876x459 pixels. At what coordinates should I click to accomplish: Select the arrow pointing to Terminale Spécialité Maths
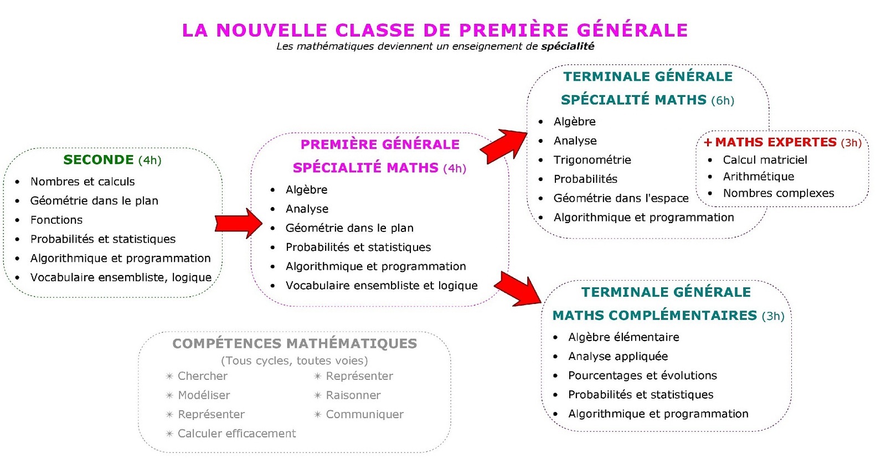coord(503,146)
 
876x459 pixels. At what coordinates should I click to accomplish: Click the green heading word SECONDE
coord(99,160)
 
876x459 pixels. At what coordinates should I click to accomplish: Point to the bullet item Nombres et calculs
coord(83,182)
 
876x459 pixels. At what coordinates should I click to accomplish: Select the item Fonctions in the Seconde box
coord(56,220)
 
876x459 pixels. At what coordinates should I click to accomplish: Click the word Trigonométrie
coord(592,160)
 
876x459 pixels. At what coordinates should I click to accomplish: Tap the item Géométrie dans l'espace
coord(621,198)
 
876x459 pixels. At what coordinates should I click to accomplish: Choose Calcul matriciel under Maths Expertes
coord(765,160)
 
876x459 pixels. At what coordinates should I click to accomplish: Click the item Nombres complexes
coord(778,193)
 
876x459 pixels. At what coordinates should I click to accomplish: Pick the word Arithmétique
coord(758,177)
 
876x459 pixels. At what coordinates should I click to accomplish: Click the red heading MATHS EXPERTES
coord(775,142)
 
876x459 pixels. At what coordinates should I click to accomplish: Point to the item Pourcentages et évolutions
coord(642,375)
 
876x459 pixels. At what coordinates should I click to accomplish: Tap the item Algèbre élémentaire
coord(623,337)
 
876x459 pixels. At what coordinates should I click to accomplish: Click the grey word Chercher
coord(202,376)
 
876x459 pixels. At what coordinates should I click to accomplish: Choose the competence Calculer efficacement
coord(236,434)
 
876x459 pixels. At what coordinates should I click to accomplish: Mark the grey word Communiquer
coord(364,414)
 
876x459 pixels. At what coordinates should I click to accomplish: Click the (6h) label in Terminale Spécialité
coord(723,101)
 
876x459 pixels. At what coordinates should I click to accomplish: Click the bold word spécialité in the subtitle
coord(567,47)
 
